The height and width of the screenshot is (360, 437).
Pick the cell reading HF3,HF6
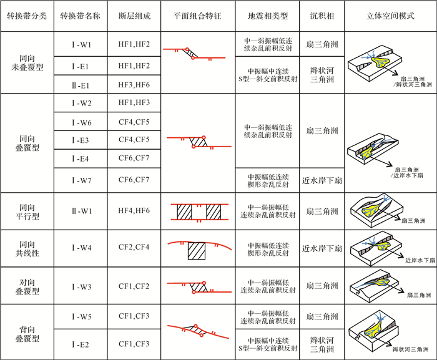(134, 84)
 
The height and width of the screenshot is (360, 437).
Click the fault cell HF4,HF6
(134, 212)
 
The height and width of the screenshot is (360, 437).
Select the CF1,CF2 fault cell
(134, 286)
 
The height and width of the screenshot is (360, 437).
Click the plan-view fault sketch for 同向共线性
(197, 248)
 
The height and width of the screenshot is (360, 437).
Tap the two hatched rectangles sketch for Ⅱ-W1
(197, 212)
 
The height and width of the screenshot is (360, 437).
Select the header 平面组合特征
(197, 15)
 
